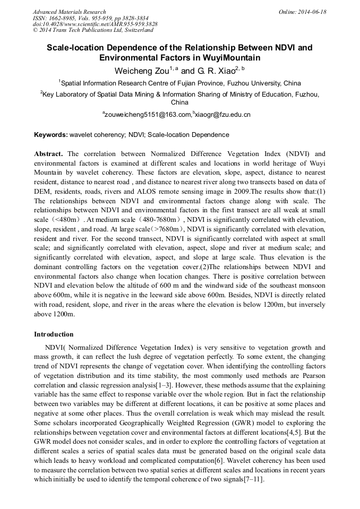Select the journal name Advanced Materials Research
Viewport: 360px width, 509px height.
69,12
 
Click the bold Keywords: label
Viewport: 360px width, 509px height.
51,135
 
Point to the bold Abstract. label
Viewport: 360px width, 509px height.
48,154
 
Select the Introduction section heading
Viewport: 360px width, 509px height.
54,334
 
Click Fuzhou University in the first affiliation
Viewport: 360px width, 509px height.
254,83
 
